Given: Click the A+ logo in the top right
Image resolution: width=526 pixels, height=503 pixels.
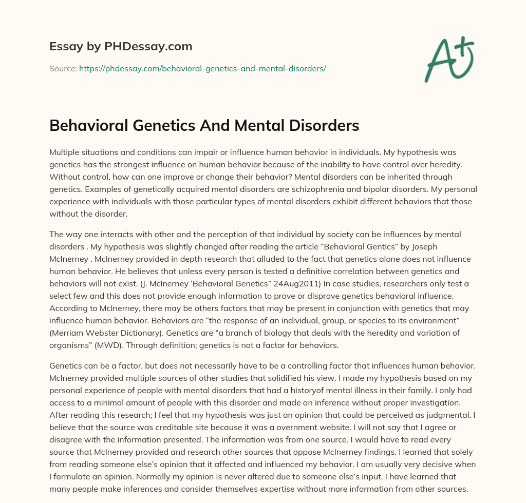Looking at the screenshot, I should click(449, 61).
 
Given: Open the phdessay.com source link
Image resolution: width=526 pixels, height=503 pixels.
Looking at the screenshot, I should click(202, 68).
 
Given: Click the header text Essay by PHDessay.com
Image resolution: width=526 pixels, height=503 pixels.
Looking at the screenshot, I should click(121, 47).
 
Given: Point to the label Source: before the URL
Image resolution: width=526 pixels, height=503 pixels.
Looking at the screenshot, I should click(63, 68).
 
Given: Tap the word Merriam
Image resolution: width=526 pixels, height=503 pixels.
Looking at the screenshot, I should click(70, 333).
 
